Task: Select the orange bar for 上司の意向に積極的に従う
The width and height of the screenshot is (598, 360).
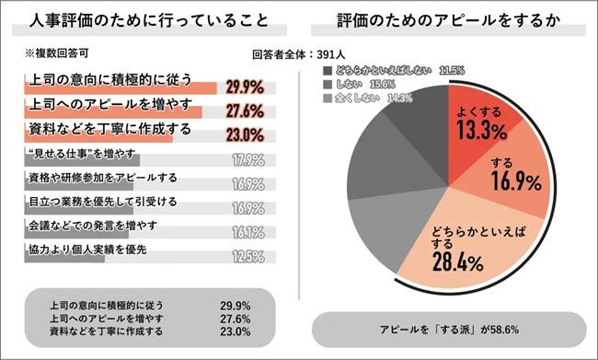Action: click(x=120, y=87)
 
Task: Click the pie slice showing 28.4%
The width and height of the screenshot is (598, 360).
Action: click(x=451, y=239)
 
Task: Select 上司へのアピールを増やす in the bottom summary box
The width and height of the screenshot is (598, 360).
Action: click(x=97, y=316)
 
